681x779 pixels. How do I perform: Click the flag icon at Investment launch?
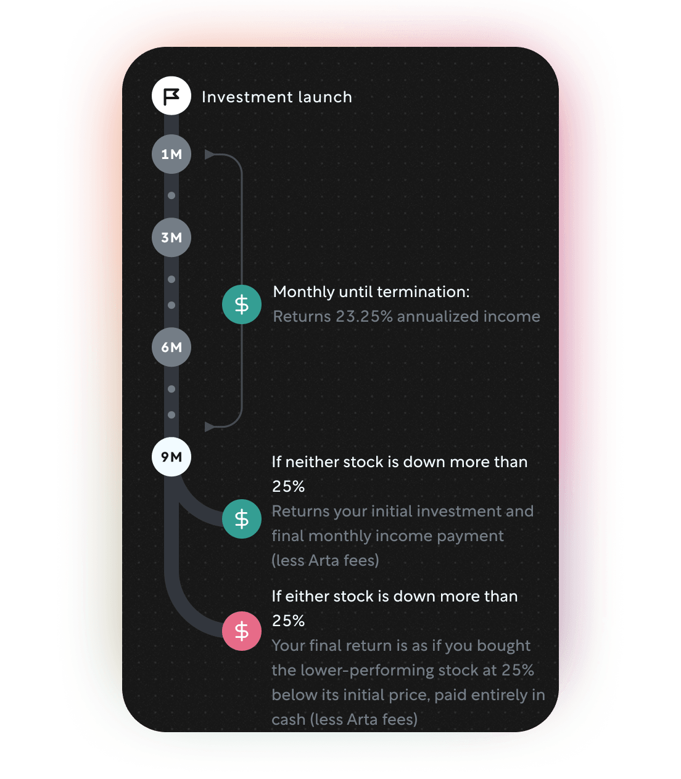171,96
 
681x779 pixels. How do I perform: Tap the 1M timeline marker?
171,154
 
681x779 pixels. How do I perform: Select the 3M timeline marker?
171,238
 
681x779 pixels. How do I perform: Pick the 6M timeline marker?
171,347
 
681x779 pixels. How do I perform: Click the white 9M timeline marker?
171,457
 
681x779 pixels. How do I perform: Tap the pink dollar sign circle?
242,631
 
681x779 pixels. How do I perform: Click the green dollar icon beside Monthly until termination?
242,304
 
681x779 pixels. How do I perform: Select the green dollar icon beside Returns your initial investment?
242,518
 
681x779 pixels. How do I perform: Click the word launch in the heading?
324,97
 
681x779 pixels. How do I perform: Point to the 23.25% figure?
364,316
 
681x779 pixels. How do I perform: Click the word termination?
423,292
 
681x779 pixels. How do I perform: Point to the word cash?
289,720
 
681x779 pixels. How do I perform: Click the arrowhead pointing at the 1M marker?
210,154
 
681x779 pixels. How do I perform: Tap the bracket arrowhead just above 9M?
210,426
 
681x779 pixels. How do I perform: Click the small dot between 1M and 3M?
171,195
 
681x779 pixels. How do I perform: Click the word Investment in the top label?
248,97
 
